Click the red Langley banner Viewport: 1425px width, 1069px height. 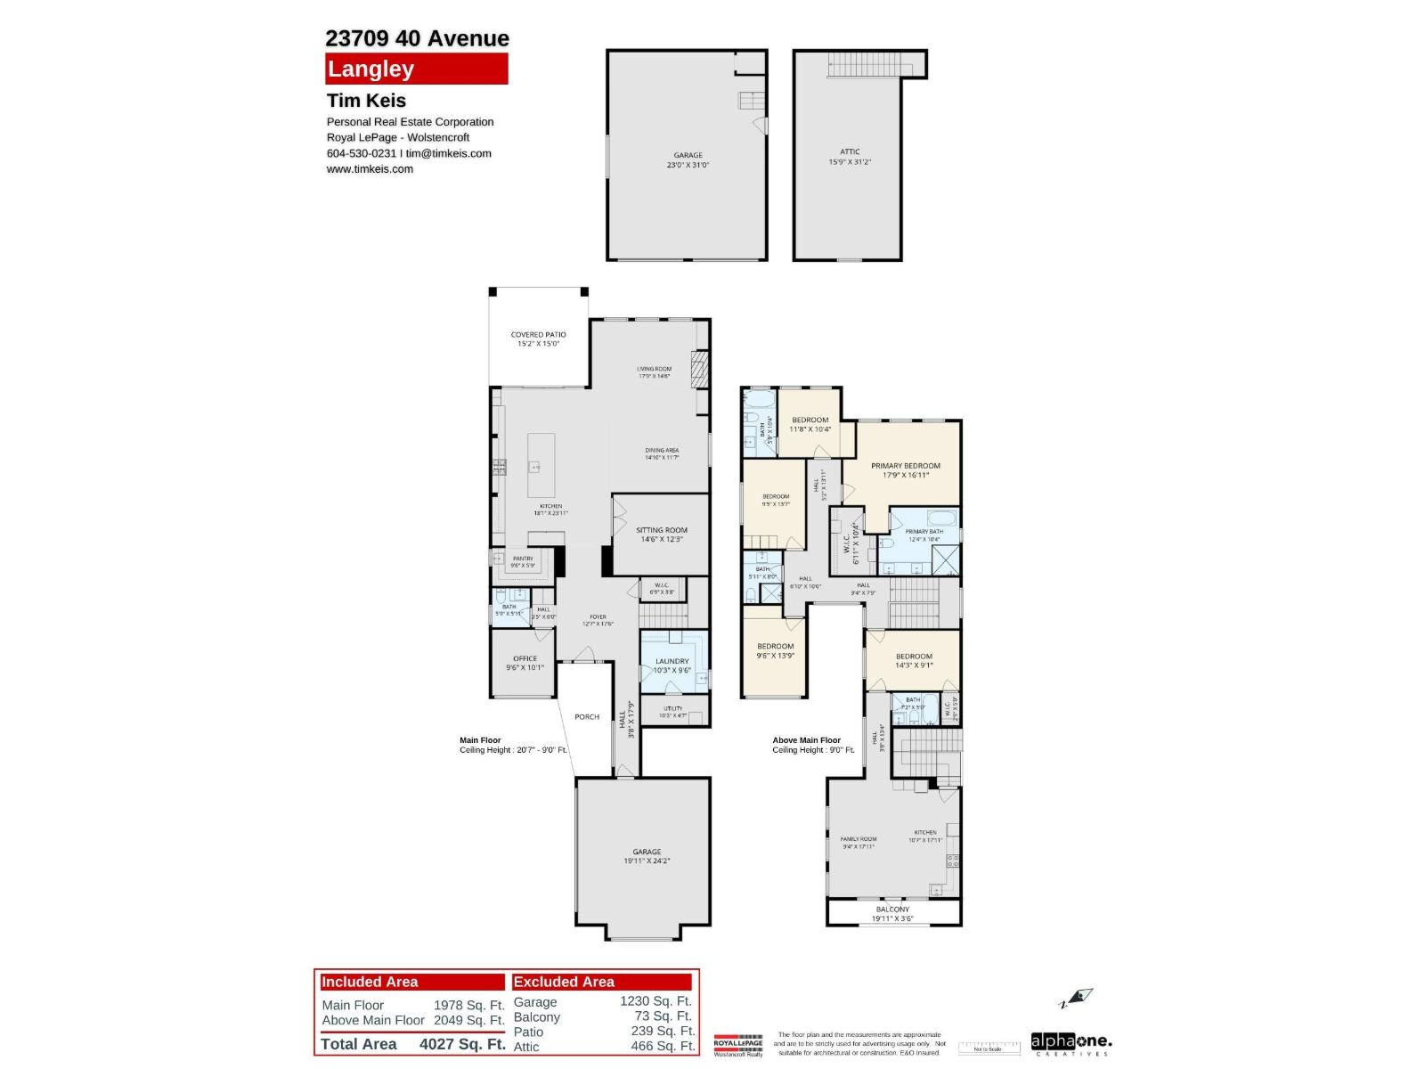(416, 69)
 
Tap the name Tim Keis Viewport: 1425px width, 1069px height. (366, 101)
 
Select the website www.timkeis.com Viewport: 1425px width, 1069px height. (370, 169)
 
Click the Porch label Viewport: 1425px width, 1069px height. (587, 716)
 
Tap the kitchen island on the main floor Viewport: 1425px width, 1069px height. (541, 465)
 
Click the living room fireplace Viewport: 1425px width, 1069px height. (701, 369)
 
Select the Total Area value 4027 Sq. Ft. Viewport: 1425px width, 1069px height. (462, 1044)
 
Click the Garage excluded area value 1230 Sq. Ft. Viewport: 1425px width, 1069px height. (656, 1001)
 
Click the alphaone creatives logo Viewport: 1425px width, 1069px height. (1071, 1042)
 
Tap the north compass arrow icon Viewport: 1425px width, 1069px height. (1080, 998)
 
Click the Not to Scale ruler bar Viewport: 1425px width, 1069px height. (989, 1049)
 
